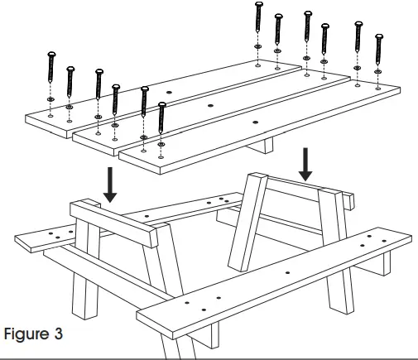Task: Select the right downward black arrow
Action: click(306, 164)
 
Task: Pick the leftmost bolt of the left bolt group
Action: click(51, 74)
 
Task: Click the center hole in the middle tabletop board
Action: click(210, 107)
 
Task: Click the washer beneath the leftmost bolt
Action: click(51, 100)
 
